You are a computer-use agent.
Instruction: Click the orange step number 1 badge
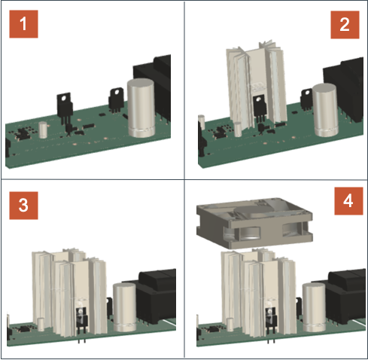pos(23,24)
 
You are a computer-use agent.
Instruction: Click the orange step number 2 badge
pos(345,25)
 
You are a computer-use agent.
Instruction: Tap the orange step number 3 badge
pos(23,206)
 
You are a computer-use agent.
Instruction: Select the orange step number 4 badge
pos(348,201)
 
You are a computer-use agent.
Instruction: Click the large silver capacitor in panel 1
pos(141,108)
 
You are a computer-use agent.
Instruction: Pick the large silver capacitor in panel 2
pos(325,111)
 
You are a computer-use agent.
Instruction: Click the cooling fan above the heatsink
pos(254,223)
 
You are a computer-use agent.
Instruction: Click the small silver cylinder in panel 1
pos(43,130)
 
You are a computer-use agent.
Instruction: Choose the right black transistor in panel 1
pos(116,100)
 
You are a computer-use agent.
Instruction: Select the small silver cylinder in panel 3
pos(41,325)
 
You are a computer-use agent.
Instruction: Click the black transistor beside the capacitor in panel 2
pos(306,100)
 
